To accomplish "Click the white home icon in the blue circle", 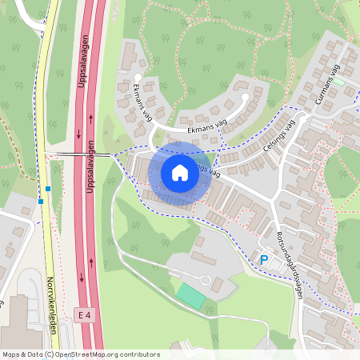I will coord(180,173).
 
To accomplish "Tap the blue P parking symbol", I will coord(263,259).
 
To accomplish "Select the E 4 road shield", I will coord(84,315).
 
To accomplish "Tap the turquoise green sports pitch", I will coord(190,294).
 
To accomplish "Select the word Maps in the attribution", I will coord(12,354).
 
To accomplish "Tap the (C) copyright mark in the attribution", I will coord(49,354).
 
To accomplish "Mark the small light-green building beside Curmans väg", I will coord(338,81).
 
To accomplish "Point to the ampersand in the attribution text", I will coord(24,354).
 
